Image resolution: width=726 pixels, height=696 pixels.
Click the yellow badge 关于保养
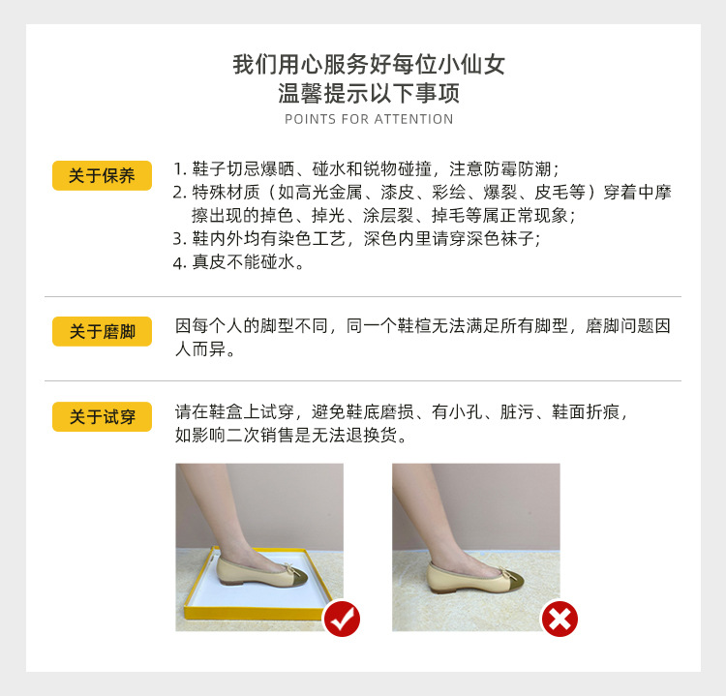click(x=102, y=175)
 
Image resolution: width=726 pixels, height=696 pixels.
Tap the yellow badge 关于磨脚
click(x=102, y=331)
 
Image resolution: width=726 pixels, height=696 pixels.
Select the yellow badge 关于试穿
click(x=102, y=416)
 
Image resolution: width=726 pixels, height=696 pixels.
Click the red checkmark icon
click(x=341, y=618)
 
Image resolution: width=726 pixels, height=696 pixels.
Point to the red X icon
click(x=559, y=618)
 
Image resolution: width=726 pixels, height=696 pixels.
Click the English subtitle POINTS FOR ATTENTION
click(x=369, y=119)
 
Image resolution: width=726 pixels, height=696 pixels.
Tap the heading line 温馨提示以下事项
click(x=369, y=94)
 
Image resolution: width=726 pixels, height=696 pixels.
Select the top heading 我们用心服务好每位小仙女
click(x=369, y=66)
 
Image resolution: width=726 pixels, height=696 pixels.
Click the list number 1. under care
click(x=179, y=166)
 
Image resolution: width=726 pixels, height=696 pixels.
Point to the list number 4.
click(x=179, y=263)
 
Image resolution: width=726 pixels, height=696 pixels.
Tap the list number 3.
click(x=179, y=239)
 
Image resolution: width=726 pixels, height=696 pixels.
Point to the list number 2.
click(x=179, y=192)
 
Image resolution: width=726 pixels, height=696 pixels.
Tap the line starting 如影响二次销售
click(x=290, y=436)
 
